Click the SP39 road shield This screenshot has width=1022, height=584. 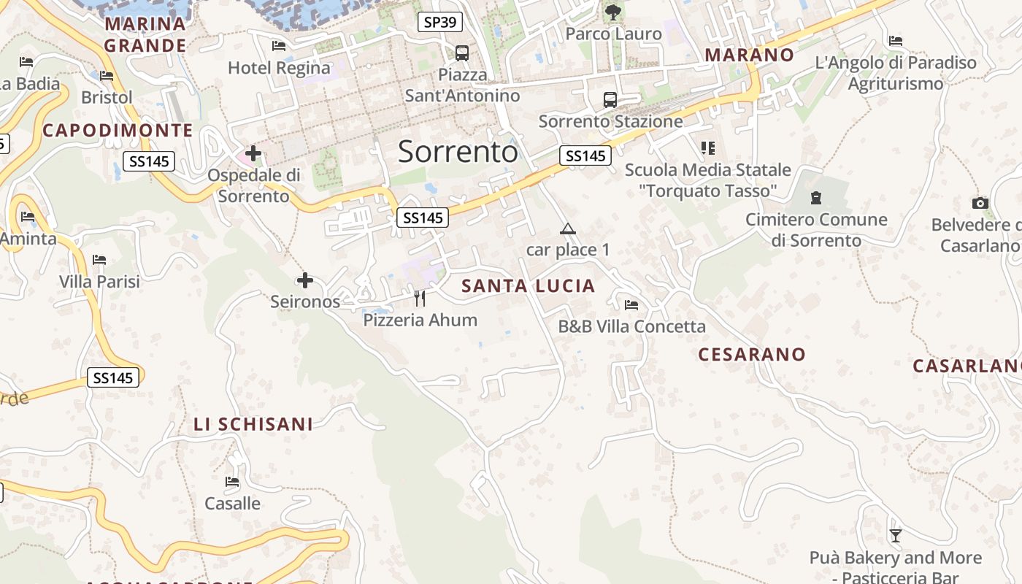pos(440,22)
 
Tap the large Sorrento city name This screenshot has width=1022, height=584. pos(458,152)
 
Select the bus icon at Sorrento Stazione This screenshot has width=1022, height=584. pos(610,100)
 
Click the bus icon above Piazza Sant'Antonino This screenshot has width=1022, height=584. pos(462,53)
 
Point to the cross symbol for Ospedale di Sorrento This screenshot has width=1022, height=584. pos(253,153)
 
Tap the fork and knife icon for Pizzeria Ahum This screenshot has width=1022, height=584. pos(420,298)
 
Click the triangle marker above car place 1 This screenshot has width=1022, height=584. pos(568,229)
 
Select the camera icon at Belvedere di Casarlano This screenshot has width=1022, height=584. pos(980,203)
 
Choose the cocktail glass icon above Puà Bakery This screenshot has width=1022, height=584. pos(896,536)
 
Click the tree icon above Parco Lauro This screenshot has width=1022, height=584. pos(613,12)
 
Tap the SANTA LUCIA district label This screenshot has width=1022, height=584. pos(529,286)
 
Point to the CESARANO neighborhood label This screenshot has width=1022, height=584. pos(752,355)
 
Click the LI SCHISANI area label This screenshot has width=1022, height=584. pos(253,424)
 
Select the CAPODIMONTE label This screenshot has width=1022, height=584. pos(118,131)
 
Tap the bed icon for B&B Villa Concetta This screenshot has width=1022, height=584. pos(631,304)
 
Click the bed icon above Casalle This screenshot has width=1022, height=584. pos(232,482)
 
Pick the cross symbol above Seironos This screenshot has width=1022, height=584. pos(305,280)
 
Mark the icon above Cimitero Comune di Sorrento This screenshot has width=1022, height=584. pos(816,197)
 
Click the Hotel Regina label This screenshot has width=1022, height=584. pos(279,68)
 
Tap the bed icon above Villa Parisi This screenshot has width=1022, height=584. pos(99,260)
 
